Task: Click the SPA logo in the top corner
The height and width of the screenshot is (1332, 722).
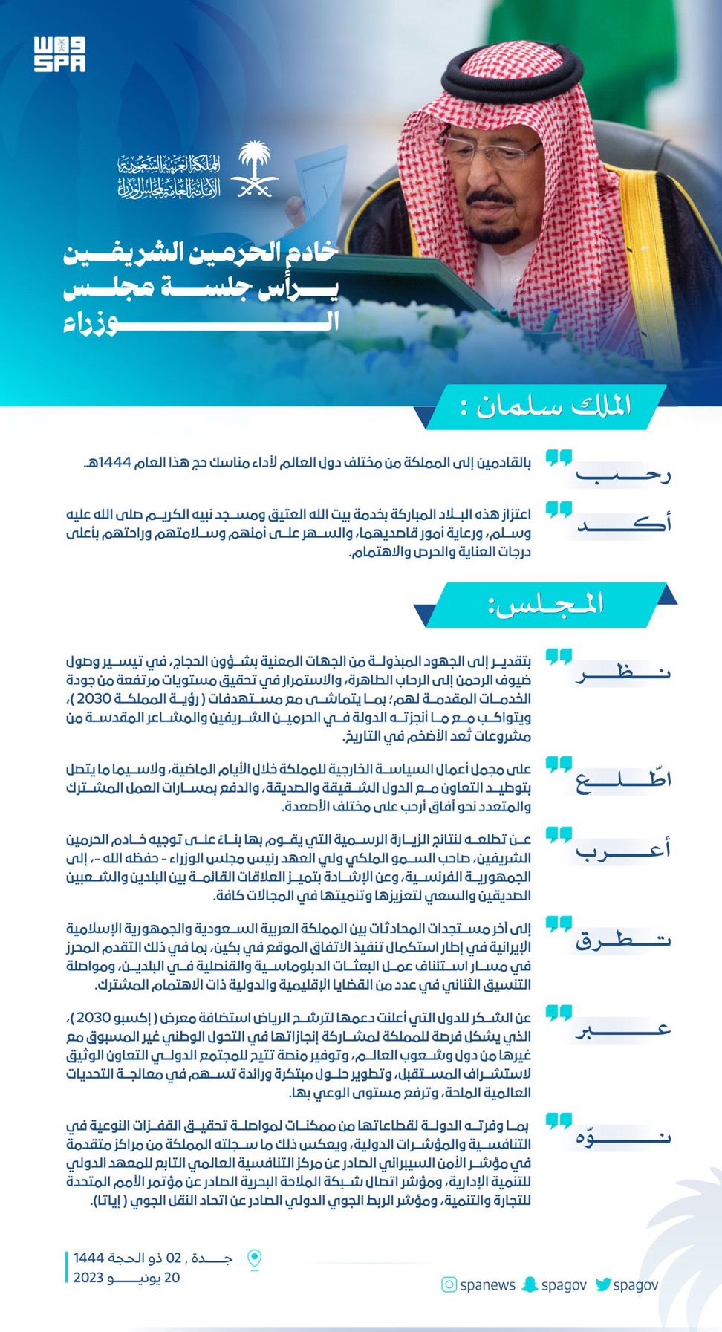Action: click(x=59, y=54)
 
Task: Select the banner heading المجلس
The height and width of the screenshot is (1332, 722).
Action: click(x=546, y=604)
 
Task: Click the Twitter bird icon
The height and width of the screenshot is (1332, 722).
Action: click(x=602, y=1284)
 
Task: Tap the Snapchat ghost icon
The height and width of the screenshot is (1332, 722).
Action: click(x=530, y=1284)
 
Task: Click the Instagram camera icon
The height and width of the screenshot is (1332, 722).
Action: click(x=449, y=1284)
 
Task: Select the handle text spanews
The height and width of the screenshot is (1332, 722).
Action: click(x=487, y=1285)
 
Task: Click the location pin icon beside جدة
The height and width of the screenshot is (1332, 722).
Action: click(x=254, y=1259)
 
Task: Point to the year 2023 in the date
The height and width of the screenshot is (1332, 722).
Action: click(x=88, y=1278)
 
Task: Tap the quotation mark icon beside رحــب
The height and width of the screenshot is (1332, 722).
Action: click(x=559, y=458)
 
